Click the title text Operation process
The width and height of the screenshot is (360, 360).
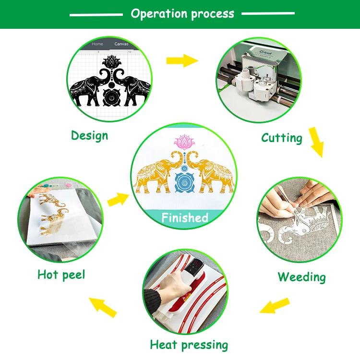tap(182, 13)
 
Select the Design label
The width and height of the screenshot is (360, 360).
tap(89, 135)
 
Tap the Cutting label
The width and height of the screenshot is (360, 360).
tap(282, 138)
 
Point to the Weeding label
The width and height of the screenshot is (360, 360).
tap(301, 277)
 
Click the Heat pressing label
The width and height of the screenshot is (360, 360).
tap(189, 344)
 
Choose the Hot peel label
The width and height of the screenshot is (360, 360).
tap(61, 275)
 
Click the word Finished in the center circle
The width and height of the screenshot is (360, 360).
tap(185, 217)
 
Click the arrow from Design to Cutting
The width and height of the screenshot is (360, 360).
tap(182, 60)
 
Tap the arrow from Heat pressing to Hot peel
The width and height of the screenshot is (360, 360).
tap(104, 306)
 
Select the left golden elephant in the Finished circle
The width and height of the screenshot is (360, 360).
tap(155, 175)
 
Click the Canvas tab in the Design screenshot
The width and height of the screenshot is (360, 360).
tap(121, 44)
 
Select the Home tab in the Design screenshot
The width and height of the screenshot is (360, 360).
tap(97, 44)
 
